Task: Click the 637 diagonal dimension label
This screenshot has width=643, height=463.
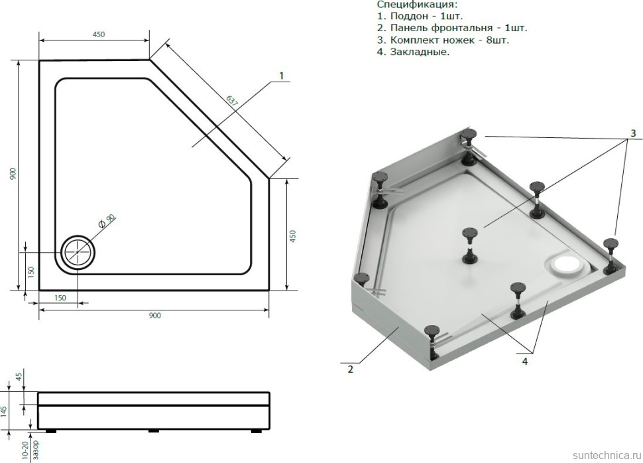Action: [x=232, y=101]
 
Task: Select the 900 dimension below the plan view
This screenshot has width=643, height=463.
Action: [x=154, y=316]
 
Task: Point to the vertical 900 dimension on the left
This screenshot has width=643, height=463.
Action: [x=13, y=174]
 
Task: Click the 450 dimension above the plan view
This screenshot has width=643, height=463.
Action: [x=98, y=34]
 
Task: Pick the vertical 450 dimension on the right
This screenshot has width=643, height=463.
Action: [x=293, y=236]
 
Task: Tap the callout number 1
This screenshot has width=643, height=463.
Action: [x=281, y=76]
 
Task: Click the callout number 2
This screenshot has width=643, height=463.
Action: [x=350, y=369]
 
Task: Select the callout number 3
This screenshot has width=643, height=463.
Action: [x=633, y=133]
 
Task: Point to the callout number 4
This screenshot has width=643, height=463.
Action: [x=525, y=362]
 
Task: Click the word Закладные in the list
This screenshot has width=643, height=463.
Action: [x=420, y=52]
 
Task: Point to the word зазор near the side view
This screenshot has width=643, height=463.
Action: [x=35, y=450]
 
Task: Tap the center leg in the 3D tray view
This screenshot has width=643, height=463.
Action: [x=470, y=246]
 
